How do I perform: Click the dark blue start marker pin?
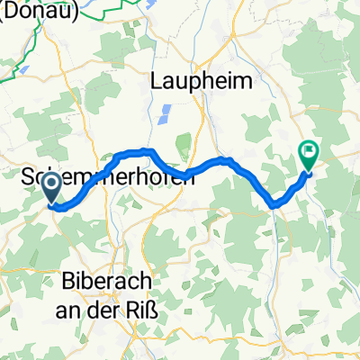tap(52, 189)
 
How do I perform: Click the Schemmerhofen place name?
tap(107, 179)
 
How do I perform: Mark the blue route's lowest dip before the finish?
tap(274, 206)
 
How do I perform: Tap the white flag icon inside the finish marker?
tap(309, 153)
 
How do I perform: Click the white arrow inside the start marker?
tap(52, 186)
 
